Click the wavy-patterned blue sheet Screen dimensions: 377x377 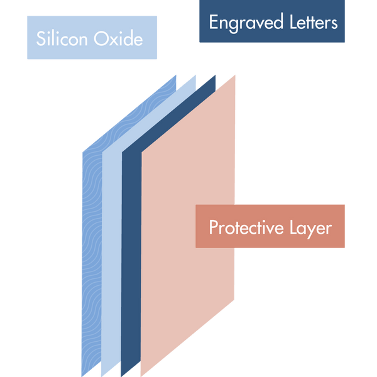pyautogui.click(x=91, y=251)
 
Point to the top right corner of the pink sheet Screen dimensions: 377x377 pyautogui.click(x=236, y=76)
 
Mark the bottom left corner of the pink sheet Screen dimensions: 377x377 pyautogui.click(x=141, y=375)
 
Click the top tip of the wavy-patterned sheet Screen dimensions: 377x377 pyautogui.click(x=177, y=75)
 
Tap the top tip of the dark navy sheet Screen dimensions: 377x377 pyautogui.click(x=216, y=75)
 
